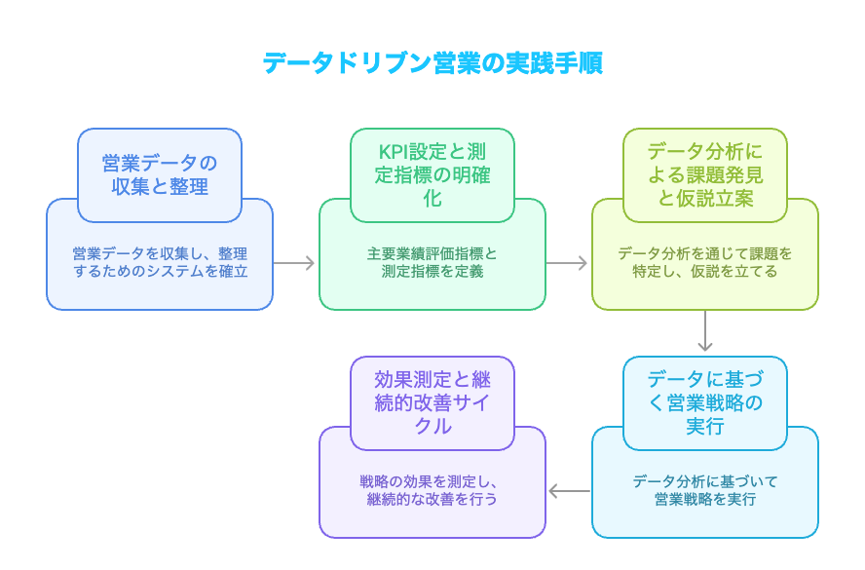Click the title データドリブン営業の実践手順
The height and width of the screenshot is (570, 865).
[432, 63]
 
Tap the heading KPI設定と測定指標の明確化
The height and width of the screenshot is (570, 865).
[432, 174]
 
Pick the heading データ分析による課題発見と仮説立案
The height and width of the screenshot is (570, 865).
[704, 174]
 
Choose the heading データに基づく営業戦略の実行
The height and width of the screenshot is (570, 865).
[704, 402]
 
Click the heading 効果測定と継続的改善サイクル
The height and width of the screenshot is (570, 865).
[432, 402]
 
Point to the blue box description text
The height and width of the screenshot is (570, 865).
[160, 262]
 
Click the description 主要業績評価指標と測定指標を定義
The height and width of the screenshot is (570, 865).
[432, 262]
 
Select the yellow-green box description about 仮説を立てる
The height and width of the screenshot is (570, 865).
[705, 262]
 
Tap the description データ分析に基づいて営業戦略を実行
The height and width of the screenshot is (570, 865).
[705, 490]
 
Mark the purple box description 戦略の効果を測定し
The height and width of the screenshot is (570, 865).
[432, 490]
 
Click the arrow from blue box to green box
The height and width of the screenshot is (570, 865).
[295, 262]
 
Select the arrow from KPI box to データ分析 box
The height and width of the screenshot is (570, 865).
[568, 262]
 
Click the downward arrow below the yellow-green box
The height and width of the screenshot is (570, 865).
[705, 332]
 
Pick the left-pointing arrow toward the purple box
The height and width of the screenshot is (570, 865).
[569, 491]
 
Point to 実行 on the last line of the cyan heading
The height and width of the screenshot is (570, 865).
[704, 426]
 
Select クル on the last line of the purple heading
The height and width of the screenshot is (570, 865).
[432, 426]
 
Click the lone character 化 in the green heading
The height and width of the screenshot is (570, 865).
[432, 198]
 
